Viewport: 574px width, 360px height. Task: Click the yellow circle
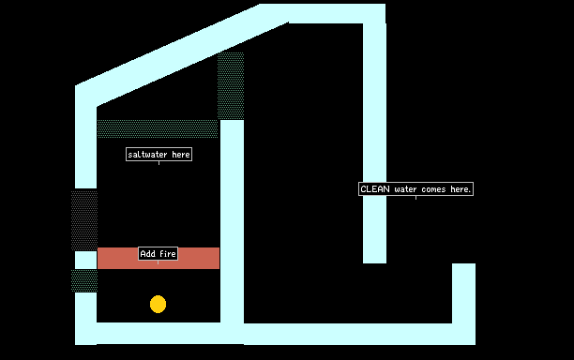[158, 304]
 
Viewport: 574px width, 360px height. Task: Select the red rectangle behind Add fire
[198, 259]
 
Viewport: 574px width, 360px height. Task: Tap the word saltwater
[148, 155]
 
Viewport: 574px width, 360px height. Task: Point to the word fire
[168, 253]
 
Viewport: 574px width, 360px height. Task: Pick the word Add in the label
[148, 253]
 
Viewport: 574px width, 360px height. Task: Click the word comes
[433, 189]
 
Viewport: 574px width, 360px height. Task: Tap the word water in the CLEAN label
[405, 189]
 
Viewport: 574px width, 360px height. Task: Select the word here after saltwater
[181, 155]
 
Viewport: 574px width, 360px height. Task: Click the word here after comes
[461, 189]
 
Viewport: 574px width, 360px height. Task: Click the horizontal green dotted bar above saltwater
[158, 128]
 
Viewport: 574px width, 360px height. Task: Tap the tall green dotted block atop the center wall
[231, 86]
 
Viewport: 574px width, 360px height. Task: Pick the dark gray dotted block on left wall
[84, 220]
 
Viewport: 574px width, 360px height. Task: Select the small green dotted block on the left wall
[84, 280]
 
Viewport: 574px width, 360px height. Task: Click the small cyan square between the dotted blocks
[86, 260]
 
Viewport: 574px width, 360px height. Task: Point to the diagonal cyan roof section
[182, 55]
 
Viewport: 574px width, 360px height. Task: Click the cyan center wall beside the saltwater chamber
[232, 221]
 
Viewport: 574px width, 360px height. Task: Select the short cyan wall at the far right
[464, 293]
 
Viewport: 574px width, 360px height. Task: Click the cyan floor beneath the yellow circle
[159, 334]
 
